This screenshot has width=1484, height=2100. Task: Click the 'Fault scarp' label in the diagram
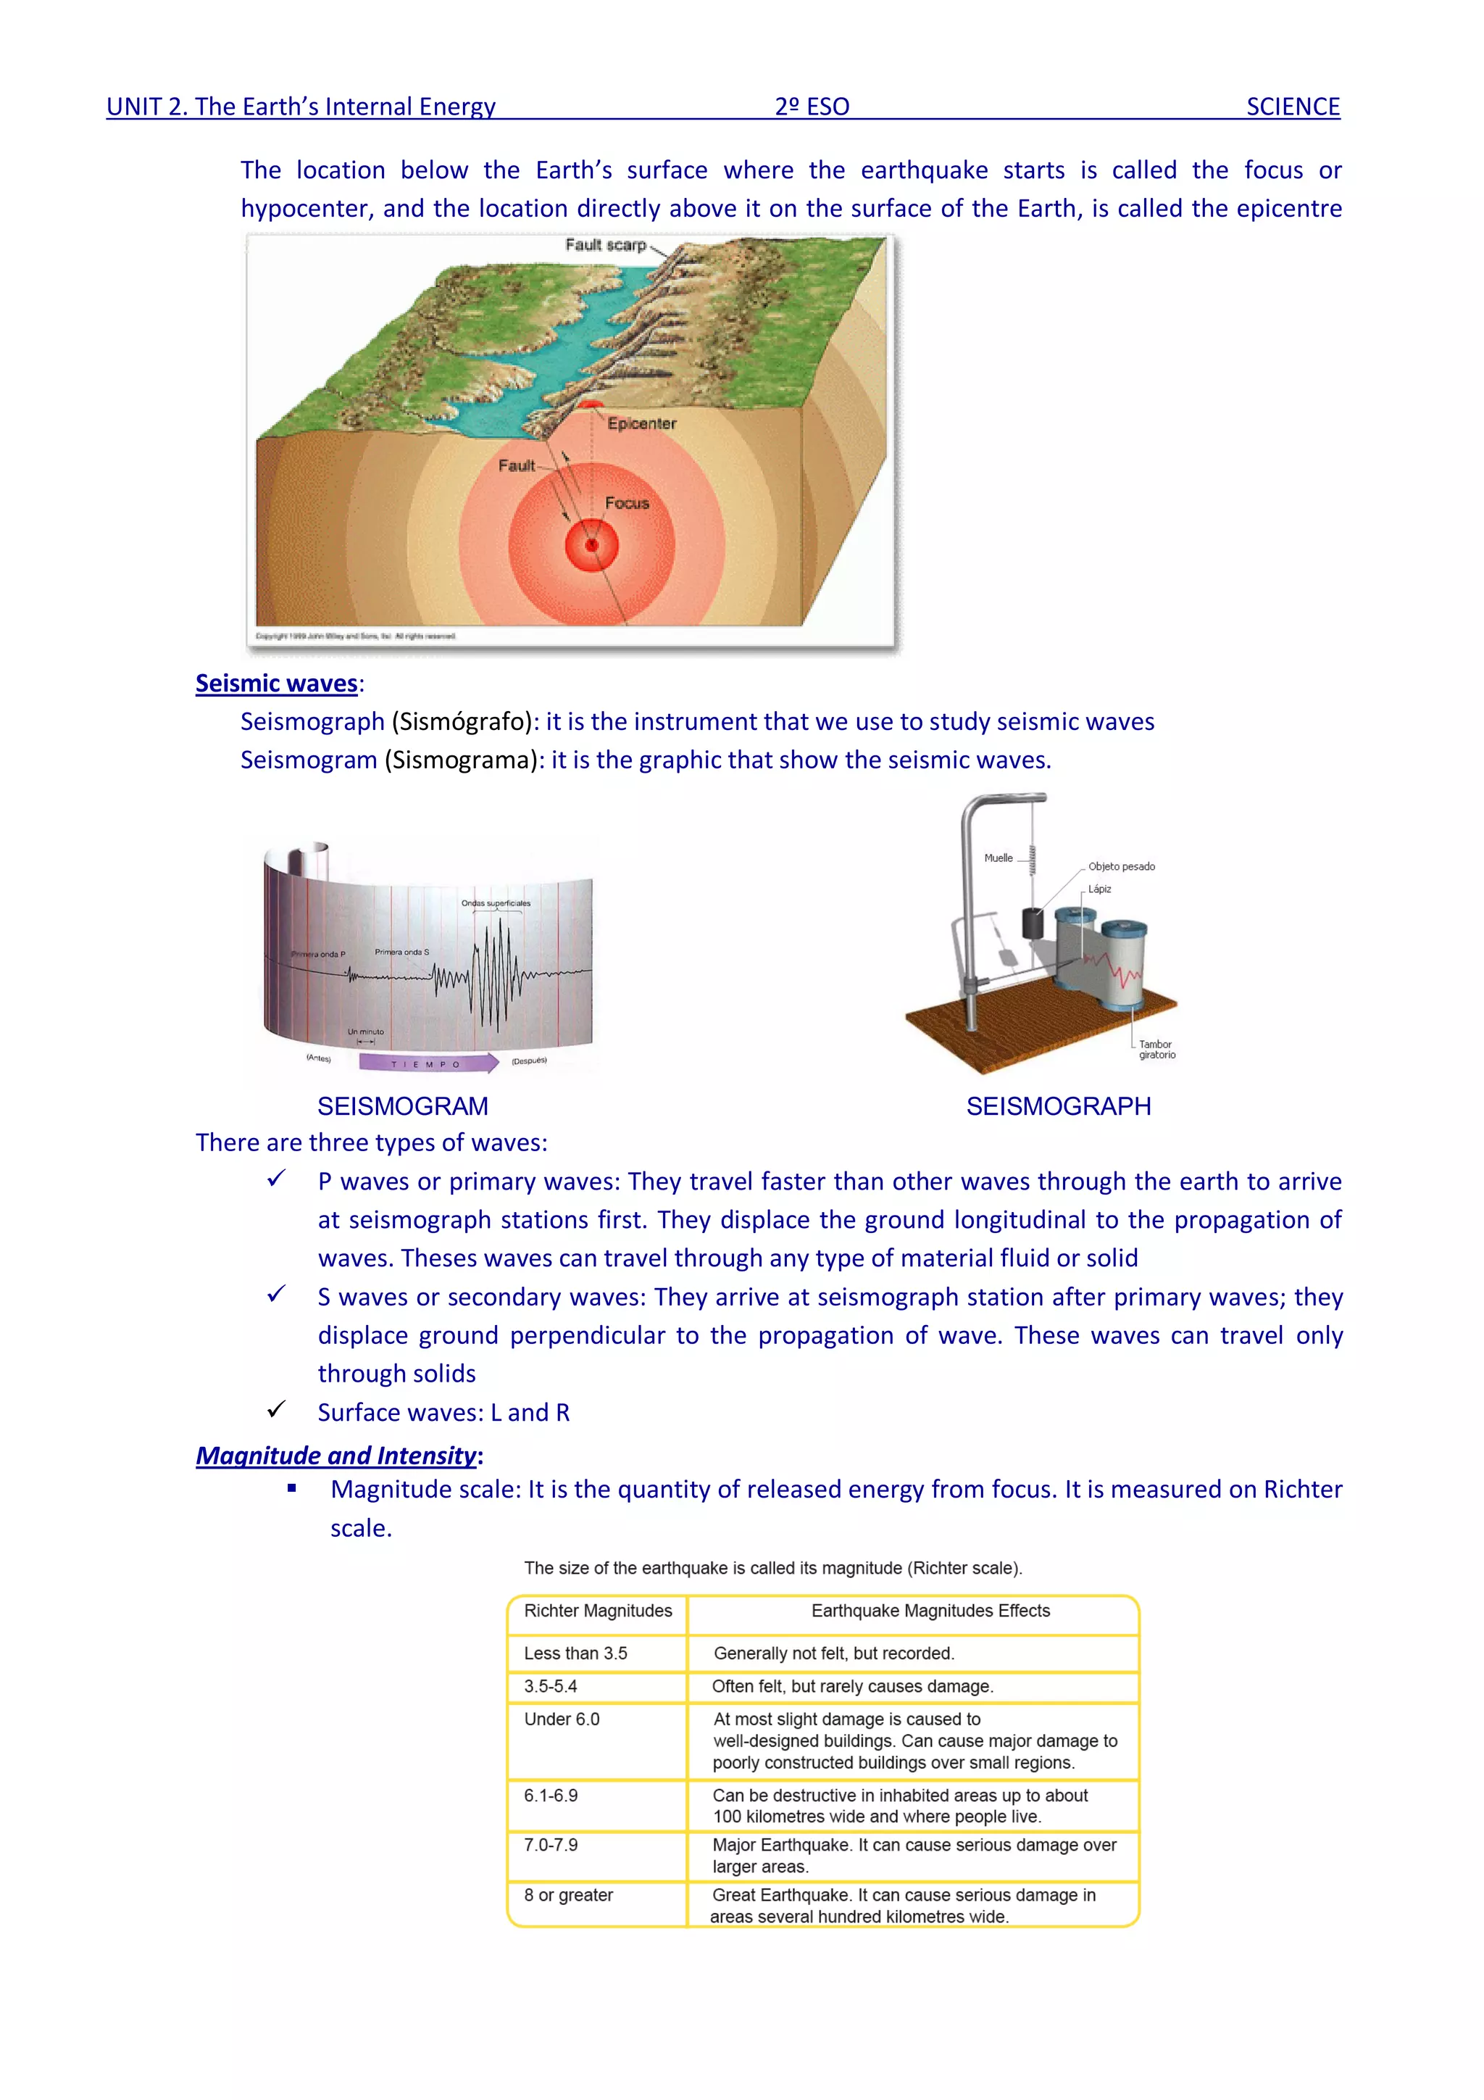(x=605, y=245)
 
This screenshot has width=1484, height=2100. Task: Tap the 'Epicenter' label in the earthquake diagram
(x=642, y=423)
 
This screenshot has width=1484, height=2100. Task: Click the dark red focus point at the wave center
(x=591, y=545)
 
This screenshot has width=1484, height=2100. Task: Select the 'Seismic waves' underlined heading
(x=276, y=684)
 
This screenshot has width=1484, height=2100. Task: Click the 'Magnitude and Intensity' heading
(x=336, y=1455)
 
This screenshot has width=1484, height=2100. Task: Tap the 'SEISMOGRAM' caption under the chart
(x=402, y=1105)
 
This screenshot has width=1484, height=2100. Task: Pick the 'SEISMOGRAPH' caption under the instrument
(x=1058, y=1105)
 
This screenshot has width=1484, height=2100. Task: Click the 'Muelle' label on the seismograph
(x=998, y=858)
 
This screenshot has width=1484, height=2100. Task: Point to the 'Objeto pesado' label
(x=1121, y=866)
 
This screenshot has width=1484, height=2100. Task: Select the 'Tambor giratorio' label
(x=1156, y=1049)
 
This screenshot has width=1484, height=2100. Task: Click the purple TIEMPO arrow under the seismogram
(x=429, y=1063)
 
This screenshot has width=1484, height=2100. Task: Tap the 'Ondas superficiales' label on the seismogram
(x=496, y=902)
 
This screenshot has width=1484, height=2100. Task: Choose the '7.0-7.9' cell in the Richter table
(x=551, y=1845)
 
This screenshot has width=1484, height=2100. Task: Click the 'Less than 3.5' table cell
(x=575, y=1653)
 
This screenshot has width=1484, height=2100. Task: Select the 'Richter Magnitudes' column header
(x=597, y=1611)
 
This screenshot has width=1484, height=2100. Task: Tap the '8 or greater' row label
(x=568, y=1895)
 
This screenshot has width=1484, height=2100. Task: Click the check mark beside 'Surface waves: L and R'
(x=276, y=1409)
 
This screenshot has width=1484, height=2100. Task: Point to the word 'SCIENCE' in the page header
(x=1292, y=107)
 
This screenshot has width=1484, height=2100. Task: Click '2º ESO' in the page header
(x=812, y=107)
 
